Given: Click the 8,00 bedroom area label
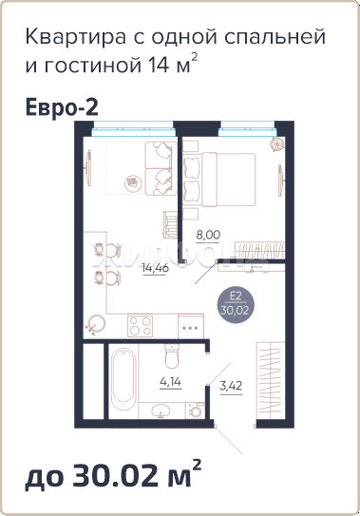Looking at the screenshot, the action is pos(208,235).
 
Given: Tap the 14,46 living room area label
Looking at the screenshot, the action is pos(155,268).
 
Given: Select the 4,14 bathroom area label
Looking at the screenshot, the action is pos(170,382).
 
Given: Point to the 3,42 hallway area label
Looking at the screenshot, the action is pos(231,386).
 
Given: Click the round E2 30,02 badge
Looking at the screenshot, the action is pos(235,304).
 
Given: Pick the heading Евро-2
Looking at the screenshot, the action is pos(62,107).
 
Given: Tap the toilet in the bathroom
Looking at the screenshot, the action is pos(171,356).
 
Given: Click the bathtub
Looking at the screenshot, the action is pos(123,379).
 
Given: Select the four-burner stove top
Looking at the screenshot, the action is pos(141,326).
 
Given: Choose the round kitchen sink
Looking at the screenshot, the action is pos(95,324).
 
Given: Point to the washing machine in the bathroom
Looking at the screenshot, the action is pos(196,410).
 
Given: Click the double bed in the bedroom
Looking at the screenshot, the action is pos(219,179).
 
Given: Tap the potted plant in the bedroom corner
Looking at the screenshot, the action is pos(276,143).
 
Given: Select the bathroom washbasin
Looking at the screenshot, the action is pos(161,411).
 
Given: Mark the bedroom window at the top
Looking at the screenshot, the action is pos(247,128).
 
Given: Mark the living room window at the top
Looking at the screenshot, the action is pos(133,128).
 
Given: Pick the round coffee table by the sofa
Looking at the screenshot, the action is pos(133,182).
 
